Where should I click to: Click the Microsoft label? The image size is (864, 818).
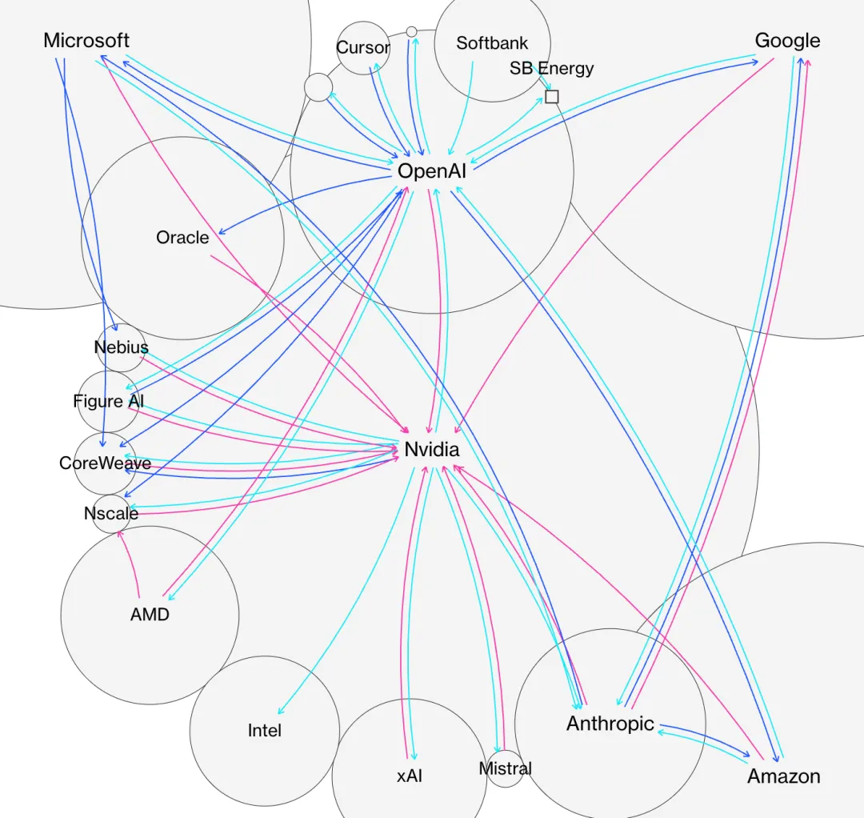tap(86, 41)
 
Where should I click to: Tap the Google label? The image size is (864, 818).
tap(787, 41)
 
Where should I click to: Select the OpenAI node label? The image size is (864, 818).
tap(432, 170)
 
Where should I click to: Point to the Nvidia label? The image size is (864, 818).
tap(432, 450)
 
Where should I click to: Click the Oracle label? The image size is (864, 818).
tap(182, 238)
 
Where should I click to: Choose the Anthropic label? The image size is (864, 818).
tap(610, 724)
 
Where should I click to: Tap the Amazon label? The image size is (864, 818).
tap(784, 776)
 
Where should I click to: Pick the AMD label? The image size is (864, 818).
tap(150, 615)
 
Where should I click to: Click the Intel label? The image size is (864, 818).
tap(264, 731)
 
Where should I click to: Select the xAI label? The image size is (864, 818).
tap(410, 776)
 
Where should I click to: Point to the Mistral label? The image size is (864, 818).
tap(505, 768)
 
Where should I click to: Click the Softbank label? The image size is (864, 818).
tap(492, 43)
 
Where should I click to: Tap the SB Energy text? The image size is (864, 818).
tap(552, 68)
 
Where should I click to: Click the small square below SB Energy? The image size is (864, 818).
tap(551, 97)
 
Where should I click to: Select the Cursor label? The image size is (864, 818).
tap(362, 47)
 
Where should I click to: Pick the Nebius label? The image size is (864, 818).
tap(121, 347)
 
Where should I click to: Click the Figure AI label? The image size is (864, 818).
tap(109, 401)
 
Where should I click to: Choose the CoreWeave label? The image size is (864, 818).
tap(105, 463)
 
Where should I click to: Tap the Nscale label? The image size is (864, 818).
tap(111, 514)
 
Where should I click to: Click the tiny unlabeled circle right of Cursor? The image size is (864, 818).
tap(411, 31)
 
